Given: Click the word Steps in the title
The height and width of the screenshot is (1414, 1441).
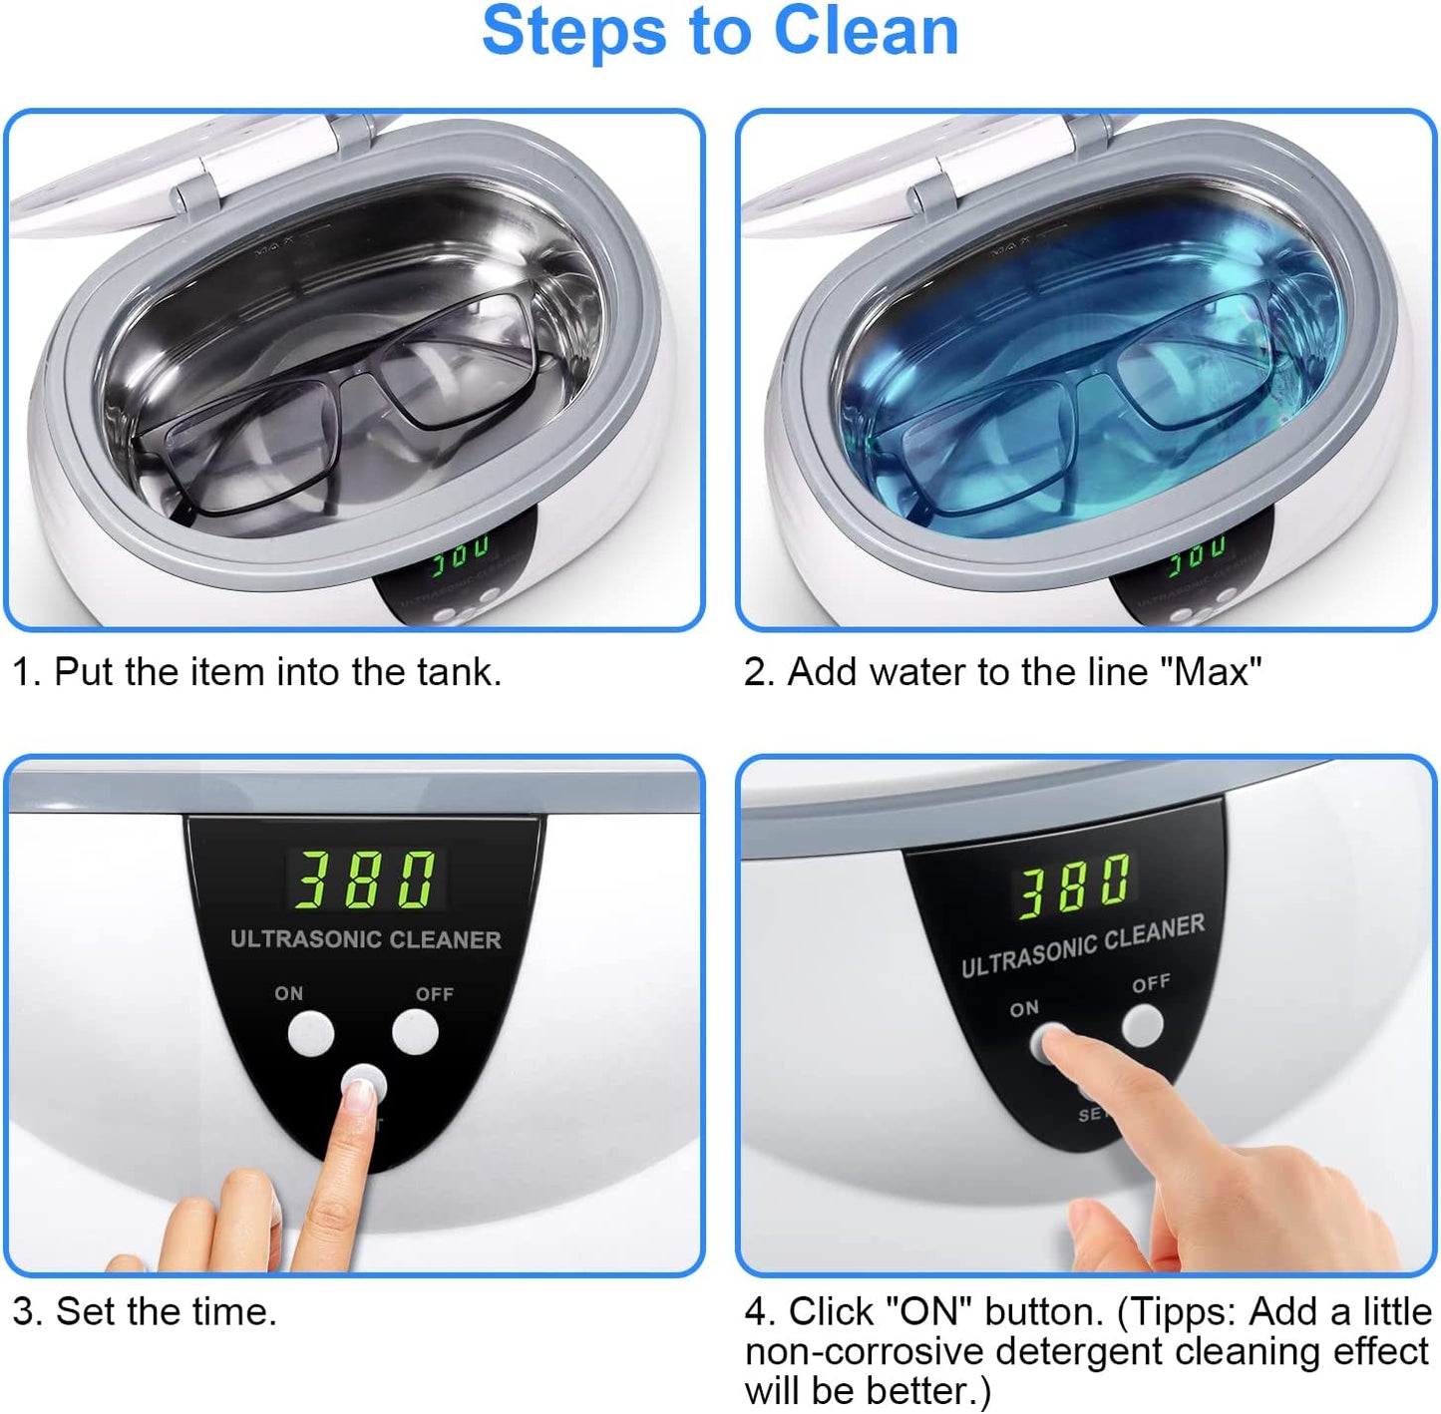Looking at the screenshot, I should pos(573,31).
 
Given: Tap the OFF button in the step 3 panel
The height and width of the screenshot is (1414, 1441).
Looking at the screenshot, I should pos(415,1032).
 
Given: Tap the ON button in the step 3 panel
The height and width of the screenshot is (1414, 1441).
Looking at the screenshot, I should pos(311,1034).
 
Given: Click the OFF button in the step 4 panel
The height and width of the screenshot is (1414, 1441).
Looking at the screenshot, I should pos(1143,1025).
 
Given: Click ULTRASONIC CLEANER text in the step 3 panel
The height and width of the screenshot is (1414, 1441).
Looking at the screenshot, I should pos(365,939).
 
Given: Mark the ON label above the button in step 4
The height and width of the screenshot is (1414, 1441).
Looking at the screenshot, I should pos(1023,1008).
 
